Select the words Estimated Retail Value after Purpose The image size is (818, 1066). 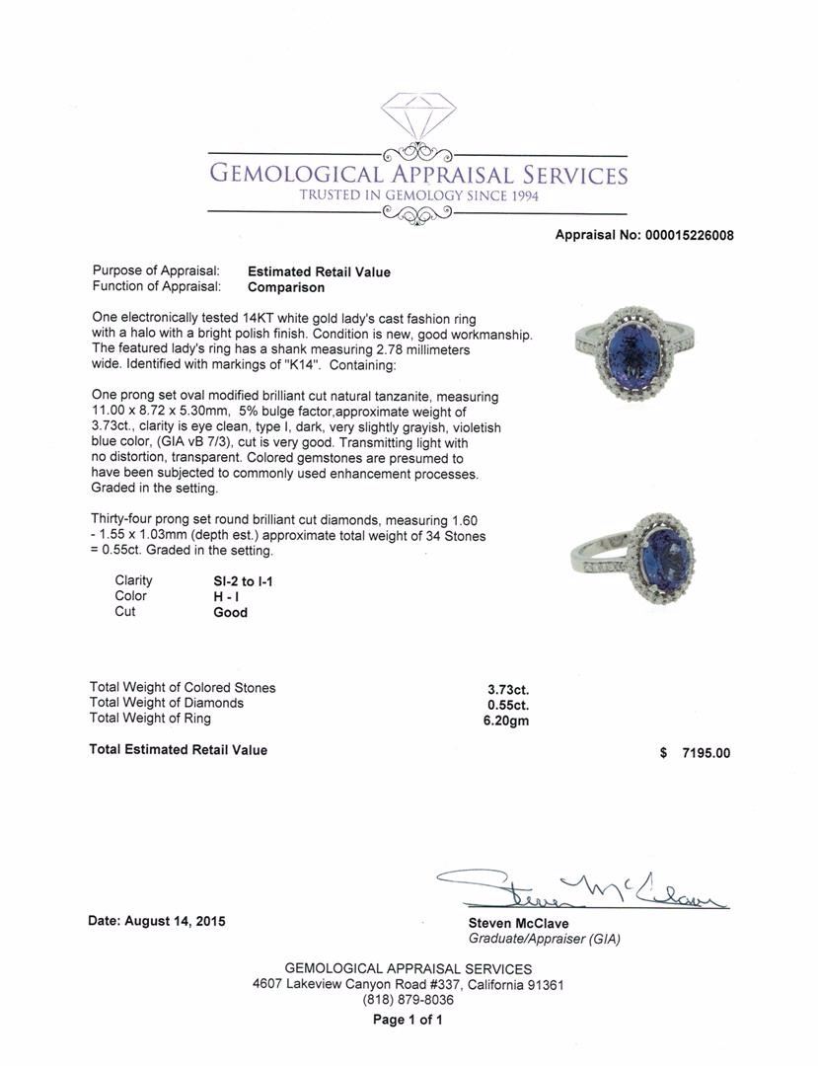[x=319, y=272]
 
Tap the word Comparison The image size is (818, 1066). [x=286, y=288]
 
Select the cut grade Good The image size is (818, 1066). [x=231, y=612]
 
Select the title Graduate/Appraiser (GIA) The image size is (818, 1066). [x=545, y=940]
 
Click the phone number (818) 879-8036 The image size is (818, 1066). [x=408, y=1000]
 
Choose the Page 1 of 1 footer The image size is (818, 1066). [x=408, y=1021]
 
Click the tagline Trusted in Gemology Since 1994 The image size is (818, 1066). [x=417, y=195]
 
